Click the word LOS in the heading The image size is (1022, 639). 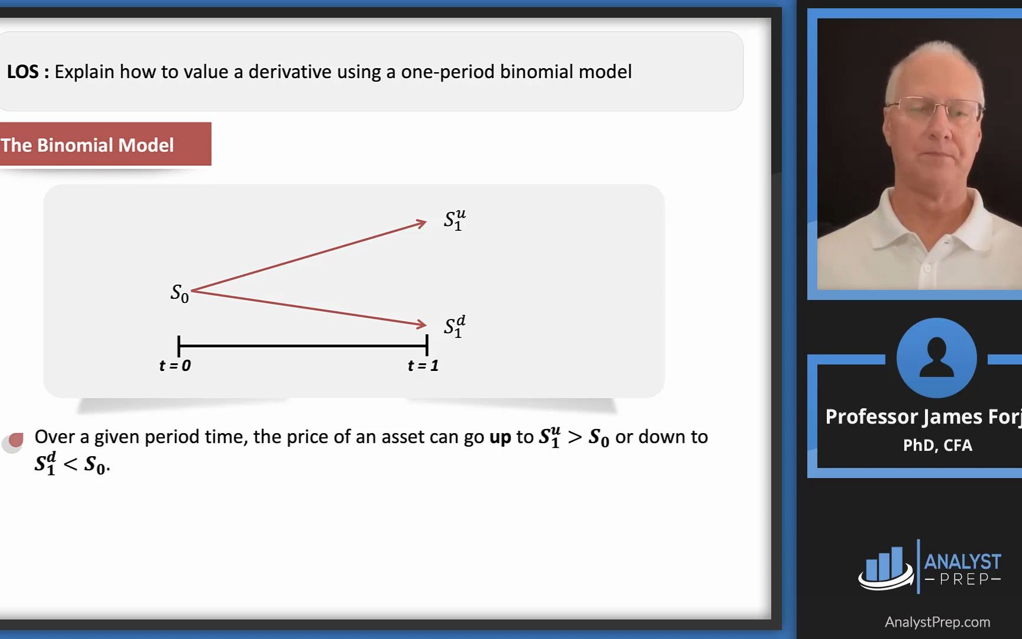click(22, 72)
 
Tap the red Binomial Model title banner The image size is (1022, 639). click(105, 144)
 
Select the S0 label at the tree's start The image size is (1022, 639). click(180, 293)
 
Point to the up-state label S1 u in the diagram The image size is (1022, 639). click(455, 220)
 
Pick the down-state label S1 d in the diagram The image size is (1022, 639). click(455, 326)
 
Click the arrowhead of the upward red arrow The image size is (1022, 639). click(421, 223)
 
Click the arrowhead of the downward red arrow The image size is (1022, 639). click(421, 324)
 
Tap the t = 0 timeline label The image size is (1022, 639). click(175, 366)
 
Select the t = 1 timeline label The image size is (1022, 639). click(423, 366)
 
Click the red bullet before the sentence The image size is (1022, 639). click(15, 440)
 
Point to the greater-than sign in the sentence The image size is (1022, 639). click(574, 437)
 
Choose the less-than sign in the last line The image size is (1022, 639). click(70, 464)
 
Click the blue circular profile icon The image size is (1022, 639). click(936, 358)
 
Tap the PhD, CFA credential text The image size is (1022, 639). click(937, 445)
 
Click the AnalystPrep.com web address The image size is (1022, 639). click(937, 622)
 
